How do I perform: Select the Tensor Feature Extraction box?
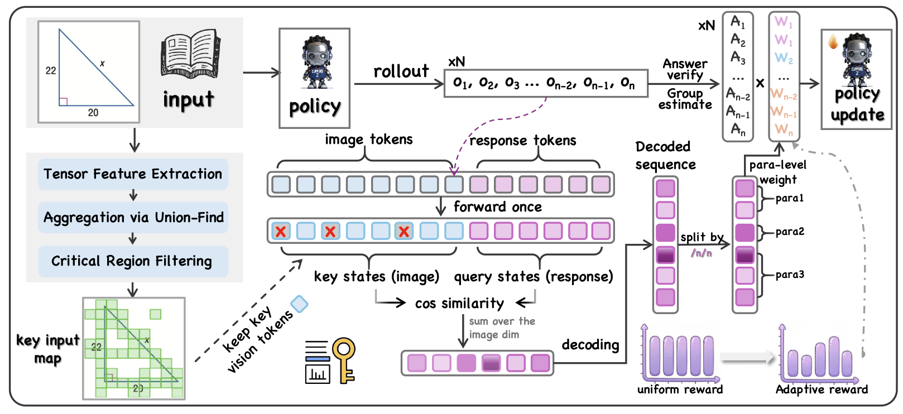(x=133, y=174)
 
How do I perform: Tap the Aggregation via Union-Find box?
(x=133, y=218)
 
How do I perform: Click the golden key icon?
(x=344, y=359)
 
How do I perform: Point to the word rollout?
(x=401, y=71)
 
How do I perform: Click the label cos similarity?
(x=459, y=303)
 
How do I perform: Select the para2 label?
(x=790, y=232)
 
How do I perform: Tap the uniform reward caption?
(x=680, y=389)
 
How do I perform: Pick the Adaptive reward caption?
(x=822, y=389)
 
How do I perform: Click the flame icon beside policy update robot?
(x=833, y=42)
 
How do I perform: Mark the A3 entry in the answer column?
(x=738, y=57)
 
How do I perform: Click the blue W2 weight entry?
(x=784, y=58)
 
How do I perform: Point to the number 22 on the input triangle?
(x=51, y=71)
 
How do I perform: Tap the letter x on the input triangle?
(x=102, y=64)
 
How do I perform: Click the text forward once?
(x=497, y=207)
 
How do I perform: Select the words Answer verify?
(x=685, y=69)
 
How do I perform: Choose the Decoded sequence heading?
(x=665, y=156)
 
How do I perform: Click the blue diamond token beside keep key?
(x=300, y=304)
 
